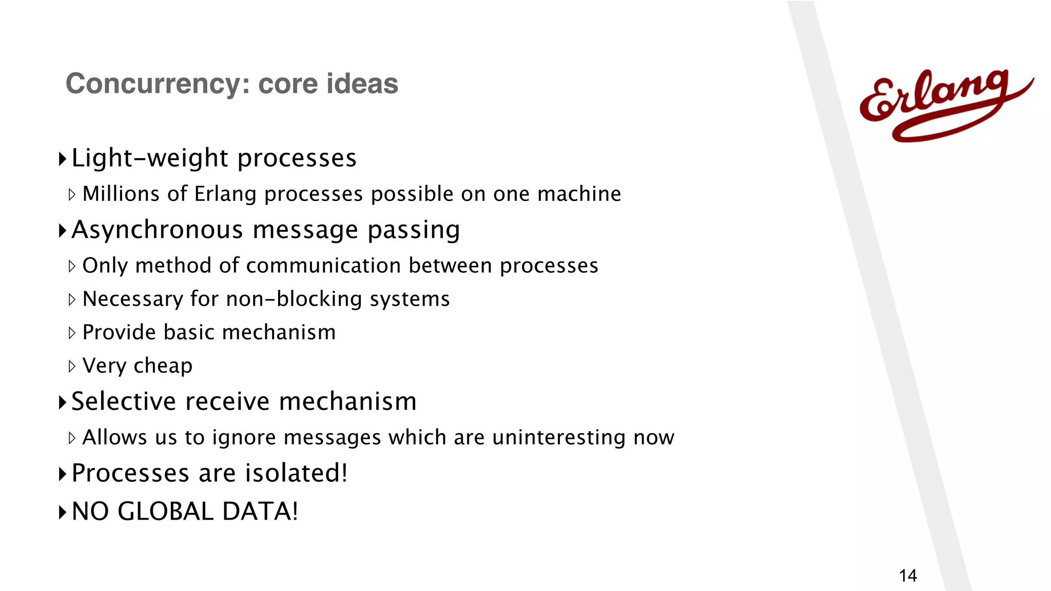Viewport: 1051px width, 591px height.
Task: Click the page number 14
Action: pyautogui.click(x=907, y=576)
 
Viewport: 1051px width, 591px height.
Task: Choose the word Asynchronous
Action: pyautogui.click(x=157, y=230)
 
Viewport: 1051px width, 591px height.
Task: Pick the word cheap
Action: pyautogui.click(x=163, y=366)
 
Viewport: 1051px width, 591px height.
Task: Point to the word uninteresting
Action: pyautogui.click(x=559, y=438)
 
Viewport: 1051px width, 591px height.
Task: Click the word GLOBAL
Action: pyautogui.click(x=165, y=511)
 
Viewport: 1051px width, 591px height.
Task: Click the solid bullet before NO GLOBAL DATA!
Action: pyautogui.click(x=63, y=512)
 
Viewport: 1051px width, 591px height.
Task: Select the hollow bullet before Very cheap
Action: pyautogui.click(x=72, y=366)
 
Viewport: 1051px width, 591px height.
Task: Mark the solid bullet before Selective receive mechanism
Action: pyautogui.click(x=63, y=402)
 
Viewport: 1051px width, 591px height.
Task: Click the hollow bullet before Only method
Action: pyautogui.click(x=72, y=266)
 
